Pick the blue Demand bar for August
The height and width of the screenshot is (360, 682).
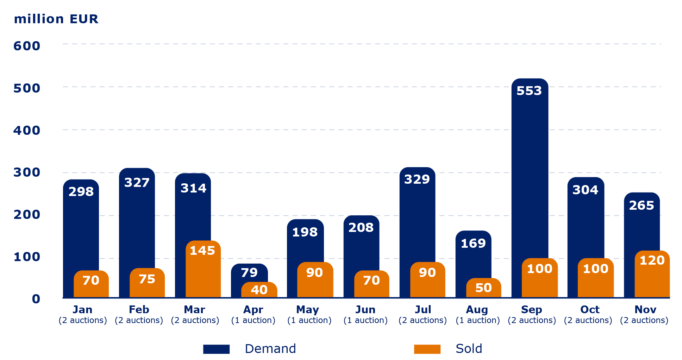click(473, 260)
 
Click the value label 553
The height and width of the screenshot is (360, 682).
click(529, 91)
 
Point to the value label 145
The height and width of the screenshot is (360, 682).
click(202, 251)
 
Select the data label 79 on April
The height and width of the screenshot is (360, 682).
click(249, 273)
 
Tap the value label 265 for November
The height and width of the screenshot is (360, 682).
click(641, 206)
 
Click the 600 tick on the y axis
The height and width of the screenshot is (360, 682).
click(27, 46)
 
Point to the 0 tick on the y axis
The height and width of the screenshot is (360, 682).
click(36, 299)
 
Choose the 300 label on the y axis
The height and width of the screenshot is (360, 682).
click(27, 172)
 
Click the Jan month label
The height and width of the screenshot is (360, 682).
click(82, 310)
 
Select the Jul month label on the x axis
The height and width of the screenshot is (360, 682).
click(423, 310)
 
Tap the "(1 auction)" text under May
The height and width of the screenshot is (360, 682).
click(309, 320)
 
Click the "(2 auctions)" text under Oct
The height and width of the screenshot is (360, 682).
click(588, 320)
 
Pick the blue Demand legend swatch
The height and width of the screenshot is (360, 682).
click(216, 349)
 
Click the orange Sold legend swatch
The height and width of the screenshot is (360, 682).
click(427, 349)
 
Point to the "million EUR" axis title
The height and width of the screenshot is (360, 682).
click(56, 19)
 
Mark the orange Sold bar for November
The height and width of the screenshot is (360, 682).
click(652, 280)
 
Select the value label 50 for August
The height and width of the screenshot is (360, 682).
click(483, 288)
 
